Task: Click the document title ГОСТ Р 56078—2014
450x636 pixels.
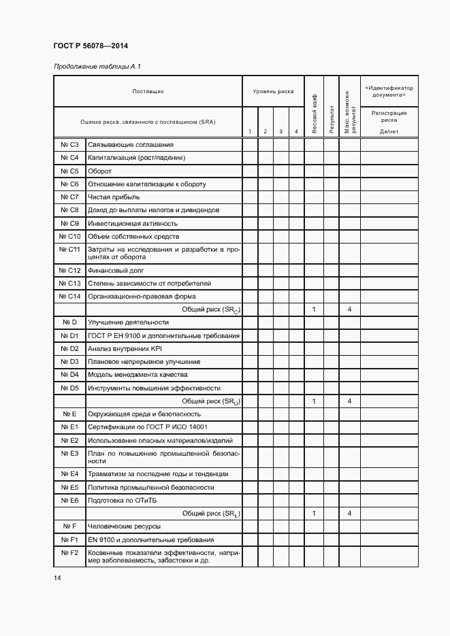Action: (x=80, y=46)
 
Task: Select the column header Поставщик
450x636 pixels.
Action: (x=148, y=90)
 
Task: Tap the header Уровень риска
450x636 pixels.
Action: (x=273, y=90)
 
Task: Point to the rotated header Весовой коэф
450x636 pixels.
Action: (x=314, y=114)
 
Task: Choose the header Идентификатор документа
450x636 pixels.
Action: (x=389, y=91)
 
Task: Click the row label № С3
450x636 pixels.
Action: (x=70, y=144)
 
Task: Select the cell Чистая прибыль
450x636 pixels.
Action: (x=114, y=197)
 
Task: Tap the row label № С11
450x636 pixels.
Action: (x=70, y=250)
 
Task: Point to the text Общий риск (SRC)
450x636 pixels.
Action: (x=211, y=309)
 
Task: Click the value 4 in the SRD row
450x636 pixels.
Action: (x=349, y=401)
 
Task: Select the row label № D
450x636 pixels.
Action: (x=70, y=322)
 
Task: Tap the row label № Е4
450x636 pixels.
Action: (x=70, y=473)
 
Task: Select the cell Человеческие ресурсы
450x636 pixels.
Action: (x=124, y=526)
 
